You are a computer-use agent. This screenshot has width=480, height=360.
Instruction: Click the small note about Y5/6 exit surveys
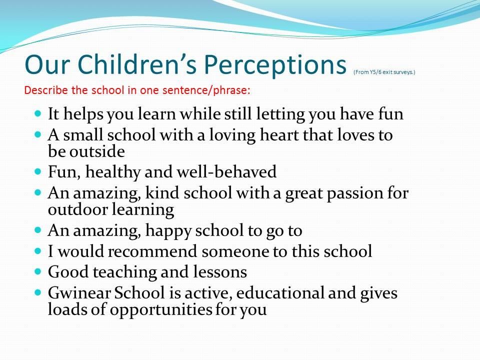pos(384,72)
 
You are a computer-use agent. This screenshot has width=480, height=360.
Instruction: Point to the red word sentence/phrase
pos(206,90)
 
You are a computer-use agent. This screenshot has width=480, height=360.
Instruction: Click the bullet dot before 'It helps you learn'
pos(38,113)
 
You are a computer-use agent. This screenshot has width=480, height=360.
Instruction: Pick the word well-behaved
pos(226,171)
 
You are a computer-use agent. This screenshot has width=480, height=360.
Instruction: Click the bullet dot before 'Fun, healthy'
pos(38,171)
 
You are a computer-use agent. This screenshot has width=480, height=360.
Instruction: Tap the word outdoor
pos(78,209)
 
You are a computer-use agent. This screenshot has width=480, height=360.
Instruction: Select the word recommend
pos(152,251)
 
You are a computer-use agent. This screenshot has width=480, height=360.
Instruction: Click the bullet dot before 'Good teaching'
pos(38,271)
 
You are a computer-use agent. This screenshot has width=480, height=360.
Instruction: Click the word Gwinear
pos(79,292)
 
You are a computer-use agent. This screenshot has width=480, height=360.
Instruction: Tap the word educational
pos(280,292)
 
